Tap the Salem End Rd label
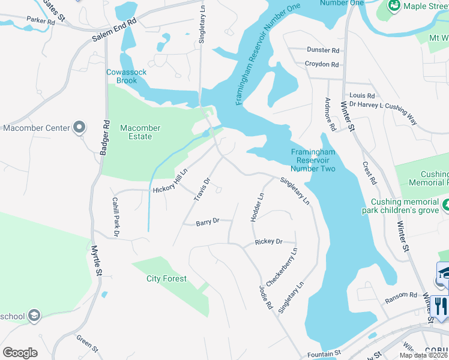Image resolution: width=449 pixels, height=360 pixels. pyautogui.click(x=115, y=29)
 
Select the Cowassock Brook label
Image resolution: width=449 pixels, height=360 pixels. pyautogui.click(x=127, y=76)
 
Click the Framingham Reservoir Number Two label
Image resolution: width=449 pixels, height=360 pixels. pyautogui.click(x=312, y=160)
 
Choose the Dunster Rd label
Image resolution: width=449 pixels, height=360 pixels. pyautogui.click(x=323, y=50)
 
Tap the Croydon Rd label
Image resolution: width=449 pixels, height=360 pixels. pyautogui.click(x=322, y=64)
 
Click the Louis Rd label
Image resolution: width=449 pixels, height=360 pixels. pyautogui.click(x=362, y=95)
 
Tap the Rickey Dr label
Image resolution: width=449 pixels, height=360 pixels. pyautogui.click(x=268, y=242)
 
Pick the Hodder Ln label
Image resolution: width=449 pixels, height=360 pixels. pyautogui.click(x=257, y=207)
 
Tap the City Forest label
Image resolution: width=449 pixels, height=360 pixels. pyautogui.click(x=166, y=278)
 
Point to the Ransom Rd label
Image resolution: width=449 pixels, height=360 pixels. pyautogui.click(x=401, y=295)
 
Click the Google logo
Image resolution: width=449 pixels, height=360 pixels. pyautogui.click(x=20, y=353)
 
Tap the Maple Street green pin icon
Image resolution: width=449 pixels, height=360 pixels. pyautogui.click(x=394, y=6)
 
